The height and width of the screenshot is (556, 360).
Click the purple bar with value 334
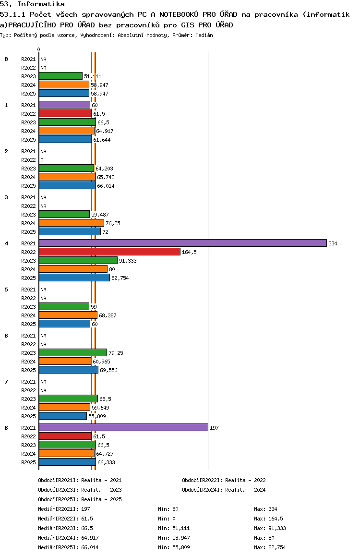click(x=183, y=243)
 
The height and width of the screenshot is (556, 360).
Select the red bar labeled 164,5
click(x=110, y=252)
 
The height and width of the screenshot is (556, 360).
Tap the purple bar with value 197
click(x=124, y=427)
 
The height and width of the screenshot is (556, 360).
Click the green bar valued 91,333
click(x=78, y=260)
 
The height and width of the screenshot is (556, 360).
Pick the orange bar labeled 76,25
click(x=72, y=223)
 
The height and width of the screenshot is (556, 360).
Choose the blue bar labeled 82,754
click(x=74, y=278)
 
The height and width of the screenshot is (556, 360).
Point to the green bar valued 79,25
click(x=73, y=352)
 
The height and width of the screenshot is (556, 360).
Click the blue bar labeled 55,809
click(x=63, y=416)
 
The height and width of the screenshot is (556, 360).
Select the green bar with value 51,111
click(x=61, y=76)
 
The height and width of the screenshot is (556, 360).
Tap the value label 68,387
click(x=108, y=315)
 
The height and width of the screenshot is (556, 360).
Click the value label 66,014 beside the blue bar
click(x=106, y=186)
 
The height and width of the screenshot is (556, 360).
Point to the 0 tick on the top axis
click(x=38, y=49)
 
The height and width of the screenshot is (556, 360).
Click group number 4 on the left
click(x=6, y=243)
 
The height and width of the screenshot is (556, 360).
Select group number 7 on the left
click(x=6, y=382)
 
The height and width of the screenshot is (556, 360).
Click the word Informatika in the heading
click(x=41, y=4)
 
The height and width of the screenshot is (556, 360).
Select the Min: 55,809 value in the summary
click(x=174, y=547)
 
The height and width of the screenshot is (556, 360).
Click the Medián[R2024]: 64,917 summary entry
click(x=68, y=538)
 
